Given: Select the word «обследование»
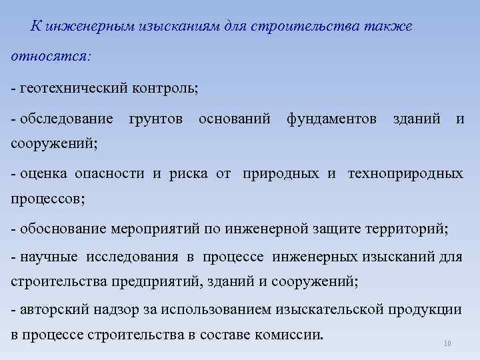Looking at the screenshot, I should pyautogui.click(x=67, y=119).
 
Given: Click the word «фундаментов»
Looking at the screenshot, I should pyautogui.click(x=331, y=119).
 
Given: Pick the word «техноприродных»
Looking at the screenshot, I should pyautogui.click(x=405, y=174).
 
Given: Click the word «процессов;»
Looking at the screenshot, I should pyautogui.click(x=49, y=199).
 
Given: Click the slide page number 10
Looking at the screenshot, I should pyautogui.click(x=447, y=344).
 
